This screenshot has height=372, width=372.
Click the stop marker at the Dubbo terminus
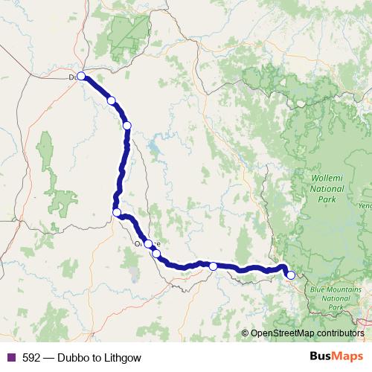click(81, 76)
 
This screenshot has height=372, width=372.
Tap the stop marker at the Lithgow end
click(291, 275)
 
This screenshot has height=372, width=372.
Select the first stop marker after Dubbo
click(111, 100)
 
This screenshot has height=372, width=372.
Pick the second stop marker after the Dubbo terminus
click(127, 125)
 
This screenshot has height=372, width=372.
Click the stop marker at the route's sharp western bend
click(117, 213)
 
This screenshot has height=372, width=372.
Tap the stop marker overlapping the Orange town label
click(148, 243)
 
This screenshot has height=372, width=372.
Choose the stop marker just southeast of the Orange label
click(156, 254)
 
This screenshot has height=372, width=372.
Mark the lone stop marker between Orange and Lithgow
click(213, 266)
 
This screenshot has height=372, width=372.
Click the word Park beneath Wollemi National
click(327, 199)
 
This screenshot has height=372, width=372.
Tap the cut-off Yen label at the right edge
click(365, 205)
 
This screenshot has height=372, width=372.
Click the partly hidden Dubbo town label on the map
click(72, 77)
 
